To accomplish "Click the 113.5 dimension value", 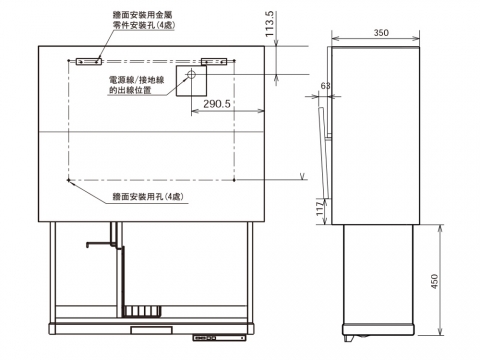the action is coord(270,24).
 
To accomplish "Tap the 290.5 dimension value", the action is coord(217,104).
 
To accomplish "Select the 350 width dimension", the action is coord(381,33).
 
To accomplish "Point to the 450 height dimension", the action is coord(435,281).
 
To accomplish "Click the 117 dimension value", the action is coord(320,208).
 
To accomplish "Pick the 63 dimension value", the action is coord(325,86).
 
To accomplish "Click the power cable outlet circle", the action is coord(191,74).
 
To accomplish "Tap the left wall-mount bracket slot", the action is coord(89,61).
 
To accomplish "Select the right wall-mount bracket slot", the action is coord(214,61).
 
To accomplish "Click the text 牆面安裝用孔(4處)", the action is coord(148,197).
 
